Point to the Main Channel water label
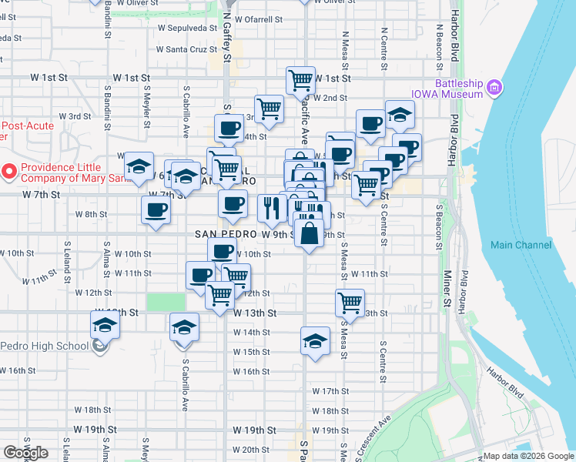click(521, 245)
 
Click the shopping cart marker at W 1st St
click(300, 79)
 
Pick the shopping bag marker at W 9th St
click(308, 233)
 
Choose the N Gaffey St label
click(226, 38)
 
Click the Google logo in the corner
click(25, 453)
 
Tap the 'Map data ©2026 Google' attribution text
click(527, 456)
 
